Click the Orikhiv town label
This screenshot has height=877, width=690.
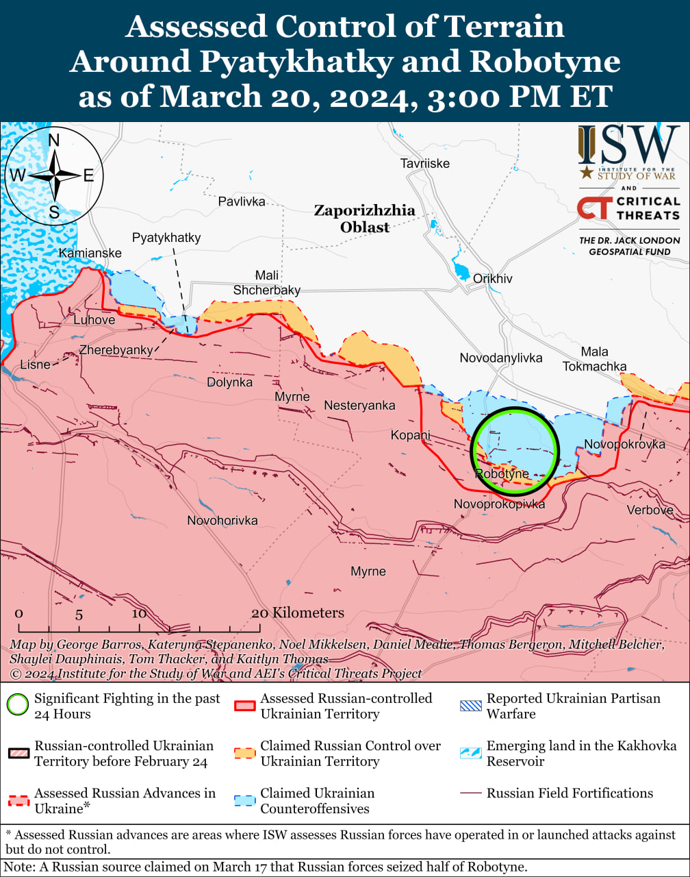click(492, 279)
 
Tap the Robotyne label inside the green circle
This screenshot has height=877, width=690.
click(501, 473)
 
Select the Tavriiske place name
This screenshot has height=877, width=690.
click(424, 163)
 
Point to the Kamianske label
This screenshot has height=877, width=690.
click(90, 254)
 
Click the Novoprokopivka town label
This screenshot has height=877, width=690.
click(499, 504)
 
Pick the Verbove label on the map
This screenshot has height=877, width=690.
click(650, 510)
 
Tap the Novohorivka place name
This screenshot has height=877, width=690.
click(222, 521)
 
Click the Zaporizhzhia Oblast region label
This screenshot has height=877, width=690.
click(364, 219)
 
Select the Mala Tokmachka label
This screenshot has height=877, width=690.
click(594, 359)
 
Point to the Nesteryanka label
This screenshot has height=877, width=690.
click(359, 406)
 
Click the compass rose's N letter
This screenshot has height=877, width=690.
click(54, 140)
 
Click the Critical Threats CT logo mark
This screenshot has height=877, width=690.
click(594, 208)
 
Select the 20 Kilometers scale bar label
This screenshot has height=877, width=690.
click(297, 613)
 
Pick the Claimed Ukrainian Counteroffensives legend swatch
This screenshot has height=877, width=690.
click(244, 801)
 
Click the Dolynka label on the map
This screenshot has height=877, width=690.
click(229, 382)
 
